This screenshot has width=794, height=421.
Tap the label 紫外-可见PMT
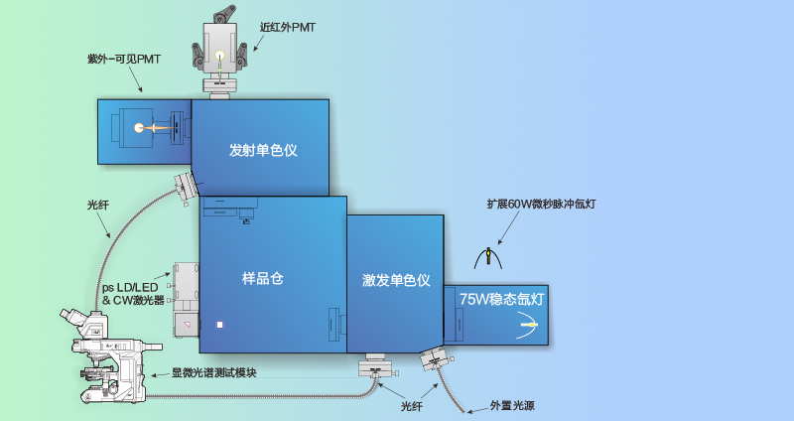tap(124, 60)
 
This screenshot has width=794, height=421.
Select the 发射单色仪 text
tap(264, 150)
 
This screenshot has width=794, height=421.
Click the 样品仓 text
tap(263, 279)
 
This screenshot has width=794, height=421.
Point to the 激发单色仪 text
tap(396, 281)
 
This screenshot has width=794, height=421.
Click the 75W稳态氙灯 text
tap(502, 298)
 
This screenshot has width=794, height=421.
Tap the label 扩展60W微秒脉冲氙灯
tap(541, 203)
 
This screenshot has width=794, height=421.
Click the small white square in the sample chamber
tap(221, 324)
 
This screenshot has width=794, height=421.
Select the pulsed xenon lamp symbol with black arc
tap(488, 257)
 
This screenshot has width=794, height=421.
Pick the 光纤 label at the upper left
tap(98, 206)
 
